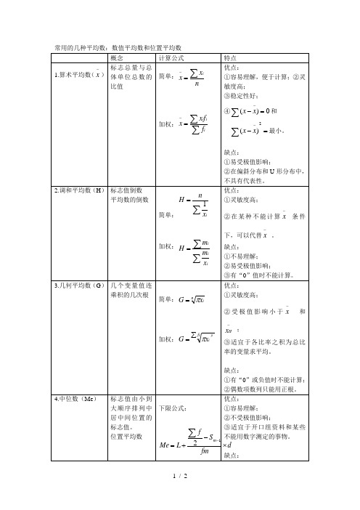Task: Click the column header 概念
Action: pos(120,57)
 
